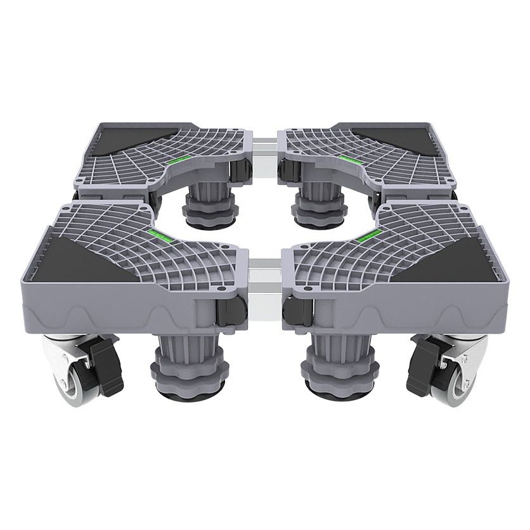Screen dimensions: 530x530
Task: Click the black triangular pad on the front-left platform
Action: (82, 261)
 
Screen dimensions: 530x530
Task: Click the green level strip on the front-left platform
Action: (160, 236)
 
